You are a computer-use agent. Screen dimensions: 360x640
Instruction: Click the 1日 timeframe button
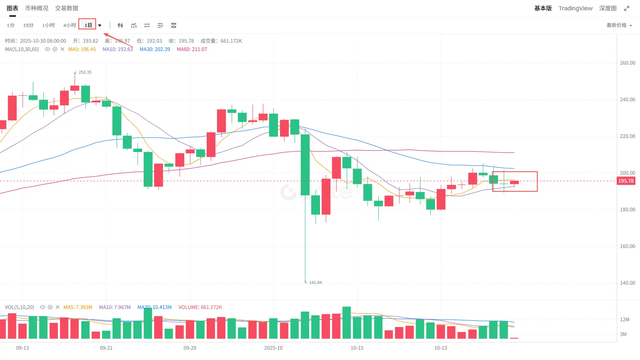click(x=88, y=25)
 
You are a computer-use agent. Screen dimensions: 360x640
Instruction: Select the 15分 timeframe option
click(x=28, y=25)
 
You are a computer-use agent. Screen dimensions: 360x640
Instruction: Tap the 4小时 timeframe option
click(x=69, y=25)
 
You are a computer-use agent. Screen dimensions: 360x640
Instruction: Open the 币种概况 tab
click(x=37, y=8)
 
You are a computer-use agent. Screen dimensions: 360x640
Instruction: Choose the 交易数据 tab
click(x=67, y=8)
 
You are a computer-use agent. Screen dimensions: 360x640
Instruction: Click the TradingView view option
click(x=575, y=8)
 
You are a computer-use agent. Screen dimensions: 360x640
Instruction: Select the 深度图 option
click(x=608, y=8)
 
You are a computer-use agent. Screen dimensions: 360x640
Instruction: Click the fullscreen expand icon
click(x=627, y=8)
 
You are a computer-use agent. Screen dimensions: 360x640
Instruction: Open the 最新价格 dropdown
click(x=619, y=25)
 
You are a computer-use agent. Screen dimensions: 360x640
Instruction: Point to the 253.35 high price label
click(x=85, y=72)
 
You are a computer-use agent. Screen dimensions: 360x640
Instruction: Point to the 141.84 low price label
click(x=315, y=283)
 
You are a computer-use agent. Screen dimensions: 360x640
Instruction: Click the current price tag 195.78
click(x=626, y=181)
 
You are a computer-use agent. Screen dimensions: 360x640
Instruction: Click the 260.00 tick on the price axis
click(x=627, y=63)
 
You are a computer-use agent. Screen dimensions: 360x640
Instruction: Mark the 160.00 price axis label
click(x=627, y=246)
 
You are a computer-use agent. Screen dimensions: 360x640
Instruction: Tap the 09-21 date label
click(x=106, y=348)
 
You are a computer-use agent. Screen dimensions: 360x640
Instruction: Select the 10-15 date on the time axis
click(x=357, y=348)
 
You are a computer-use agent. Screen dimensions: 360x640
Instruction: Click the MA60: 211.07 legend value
click(x=192, y=49)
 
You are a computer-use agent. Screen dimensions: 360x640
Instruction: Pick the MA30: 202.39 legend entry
click(x=155, y=49)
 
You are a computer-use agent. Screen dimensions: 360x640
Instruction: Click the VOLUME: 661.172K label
click(x=200, y=307)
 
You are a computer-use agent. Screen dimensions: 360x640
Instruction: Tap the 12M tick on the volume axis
click(x=625, y=320)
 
